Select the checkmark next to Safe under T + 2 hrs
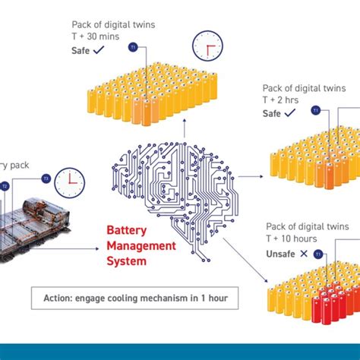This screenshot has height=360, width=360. click(290, 113)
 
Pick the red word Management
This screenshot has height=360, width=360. click(141, 246)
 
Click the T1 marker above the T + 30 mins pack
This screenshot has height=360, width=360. click(133, 49)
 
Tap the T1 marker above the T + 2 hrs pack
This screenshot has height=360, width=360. click(317, 111)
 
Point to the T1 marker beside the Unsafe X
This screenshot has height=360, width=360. click(318, 253)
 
